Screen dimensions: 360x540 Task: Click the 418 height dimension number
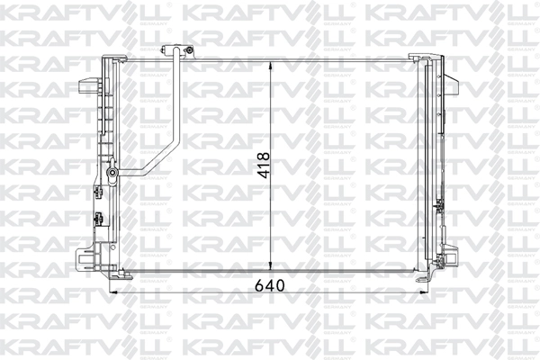(264, 167)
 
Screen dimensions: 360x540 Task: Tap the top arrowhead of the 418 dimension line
(273, 67)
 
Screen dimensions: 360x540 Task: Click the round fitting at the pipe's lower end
(111, 173)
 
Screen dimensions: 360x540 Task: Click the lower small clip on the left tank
(95, 218)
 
